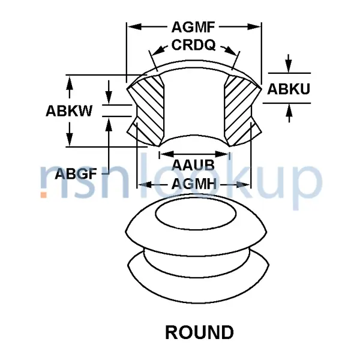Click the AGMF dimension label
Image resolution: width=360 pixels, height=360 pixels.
(193, 27)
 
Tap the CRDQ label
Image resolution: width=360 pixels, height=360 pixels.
(193, 45)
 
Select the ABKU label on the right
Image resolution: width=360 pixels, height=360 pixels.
(289, 89)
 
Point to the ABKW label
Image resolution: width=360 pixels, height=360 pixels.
(69, 111)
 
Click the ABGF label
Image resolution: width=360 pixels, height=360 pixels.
(76, 174)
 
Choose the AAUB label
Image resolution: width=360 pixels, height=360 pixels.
(193, 165)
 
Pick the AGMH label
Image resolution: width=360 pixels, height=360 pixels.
(194, 184)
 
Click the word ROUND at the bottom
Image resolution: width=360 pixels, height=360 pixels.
(199, 332)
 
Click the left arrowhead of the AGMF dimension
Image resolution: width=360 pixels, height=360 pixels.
(134, 27)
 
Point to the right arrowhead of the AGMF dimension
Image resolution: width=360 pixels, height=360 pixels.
(254, 27)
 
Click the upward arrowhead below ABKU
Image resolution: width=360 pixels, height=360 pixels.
(289, 110)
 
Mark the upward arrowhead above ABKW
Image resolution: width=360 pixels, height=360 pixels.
(70, 82)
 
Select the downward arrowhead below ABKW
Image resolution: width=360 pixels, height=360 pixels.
(70, 139)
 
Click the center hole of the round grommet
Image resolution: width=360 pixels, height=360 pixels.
(196, 214)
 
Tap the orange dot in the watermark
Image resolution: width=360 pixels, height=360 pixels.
(43, 194)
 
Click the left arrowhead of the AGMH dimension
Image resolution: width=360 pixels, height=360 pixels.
(145, 184)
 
